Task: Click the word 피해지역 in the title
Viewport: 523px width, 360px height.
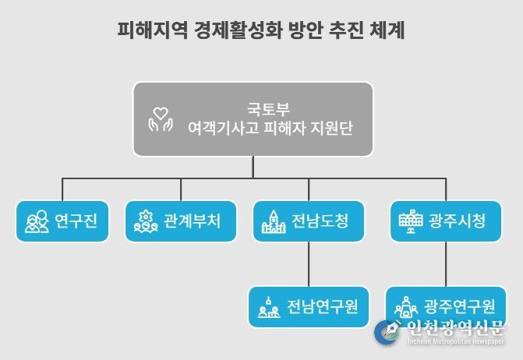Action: point(153,30)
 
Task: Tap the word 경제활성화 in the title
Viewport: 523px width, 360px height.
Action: point(239,30)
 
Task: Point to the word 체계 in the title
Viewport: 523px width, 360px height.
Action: point(387,30)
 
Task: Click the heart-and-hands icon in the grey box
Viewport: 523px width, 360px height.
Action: point(161,119)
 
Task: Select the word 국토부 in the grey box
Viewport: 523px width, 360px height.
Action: point(268,109)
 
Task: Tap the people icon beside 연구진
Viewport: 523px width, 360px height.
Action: point(37,221)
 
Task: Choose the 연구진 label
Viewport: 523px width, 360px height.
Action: point(76,221)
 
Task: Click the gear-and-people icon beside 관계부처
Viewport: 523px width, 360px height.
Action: point(146,221)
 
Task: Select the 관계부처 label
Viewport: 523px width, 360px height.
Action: point(192,221)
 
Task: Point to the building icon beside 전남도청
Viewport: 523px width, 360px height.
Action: point(274,221)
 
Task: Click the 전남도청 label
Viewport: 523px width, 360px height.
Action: point(320,221)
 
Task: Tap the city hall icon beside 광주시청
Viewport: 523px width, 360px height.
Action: point(411,221)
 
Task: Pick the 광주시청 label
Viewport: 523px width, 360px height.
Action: point(458,221)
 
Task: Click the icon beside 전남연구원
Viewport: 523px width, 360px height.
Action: point(269,307)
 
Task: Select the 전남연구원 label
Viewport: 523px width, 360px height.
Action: point(323,307)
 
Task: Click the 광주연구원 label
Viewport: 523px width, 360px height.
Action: point(460,306)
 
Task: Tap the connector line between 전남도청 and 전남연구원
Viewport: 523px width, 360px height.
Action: point(309,264)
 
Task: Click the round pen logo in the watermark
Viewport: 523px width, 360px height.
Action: point(387,332)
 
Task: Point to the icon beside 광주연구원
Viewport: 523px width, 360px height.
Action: point(406,307)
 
